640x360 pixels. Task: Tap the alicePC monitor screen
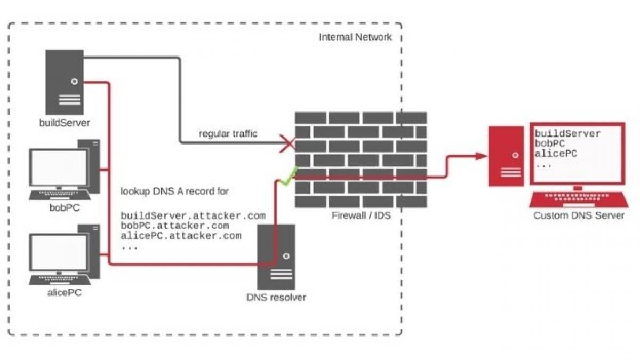coord(59,253)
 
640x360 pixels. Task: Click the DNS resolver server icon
coord(276,256)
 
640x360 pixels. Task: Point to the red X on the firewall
coord(288,143)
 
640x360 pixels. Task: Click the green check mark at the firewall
coord(289,176)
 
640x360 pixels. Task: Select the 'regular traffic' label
coord(228,133)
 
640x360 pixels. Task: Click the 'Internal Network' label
coord(355,37)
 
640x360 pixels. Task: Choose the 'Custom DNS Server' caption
coord(579,215)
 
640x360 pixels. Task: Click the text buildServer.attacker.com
coord(193,216)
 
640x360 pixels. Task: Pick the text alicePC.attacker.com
coord(181,235)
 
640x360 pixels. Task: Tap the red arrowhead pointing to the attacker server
coord(481,156)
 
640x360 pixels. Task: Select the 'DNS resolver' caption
coord(276,297)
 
